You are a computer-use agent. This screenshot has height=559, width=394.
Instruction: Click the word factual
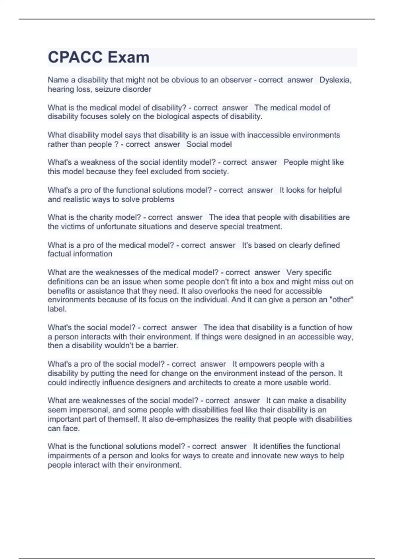pos(60,254)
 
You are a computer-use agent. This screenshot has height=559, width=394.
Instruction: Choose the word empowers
pos(254,364)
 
